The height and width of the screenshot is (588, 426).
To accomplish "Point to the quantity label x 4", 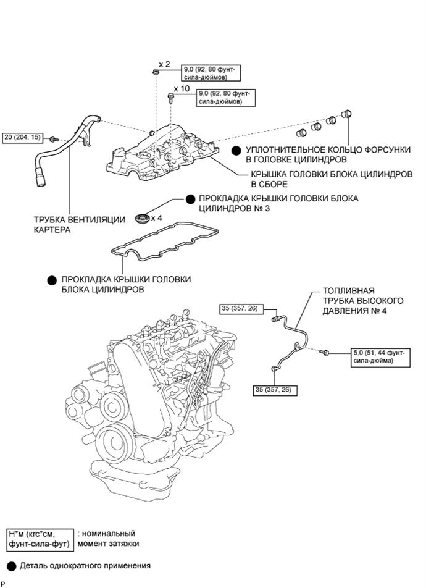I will (x=157, y=218).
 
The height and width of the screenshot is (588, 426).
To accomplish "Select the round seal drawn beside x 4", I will (x=141, y=217).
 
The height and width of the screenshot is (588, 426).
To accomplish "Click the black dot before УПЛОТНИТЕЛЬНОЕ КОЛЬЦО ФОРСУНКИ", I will (x=236, y=150).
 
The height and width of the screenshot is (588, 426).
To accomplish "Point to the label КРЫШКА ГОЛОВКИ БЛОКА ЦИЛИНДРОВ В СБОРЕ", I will (x=331, y=179).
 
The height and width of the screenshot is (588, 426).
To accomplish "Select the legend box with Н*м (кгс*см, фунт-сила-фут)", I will (x=40, y=539).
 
